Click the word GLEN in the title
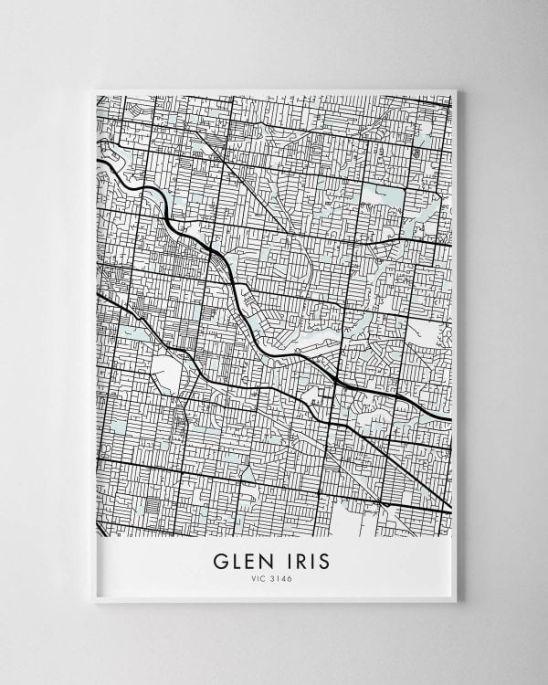click(x=242, y=559)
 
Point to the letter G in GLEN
click(x=221, y=559)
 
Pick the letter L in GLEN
click(x=236, y=559)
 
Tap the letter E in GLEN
click(x=248, y=559)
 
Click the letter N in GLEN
click(x=264, y=559)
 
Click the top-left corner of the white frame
click(x=94, y=89)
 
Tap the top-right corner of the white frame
click(x=458, y=89)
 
